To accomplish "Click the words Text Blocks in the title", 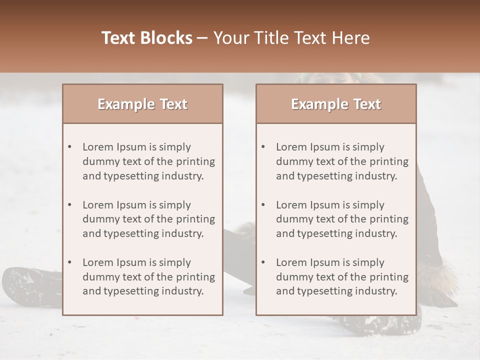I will [146, 38].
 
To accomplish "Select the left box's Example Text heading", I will [142, 104].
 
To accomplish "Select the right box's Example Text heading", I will [336, 104].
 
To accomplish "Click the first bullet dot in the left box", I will [70, 147].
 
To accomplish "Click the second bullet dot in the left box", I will [70, 205].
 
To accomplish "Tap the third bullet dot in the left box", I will [70, 262].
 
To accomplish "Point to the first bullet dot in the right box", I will [263, 147].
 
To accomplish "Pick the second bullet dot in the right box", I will [263, 205].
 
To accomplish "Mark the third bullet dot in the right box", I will [263, 262].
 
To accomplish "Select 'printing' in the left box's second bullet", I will [196, 219].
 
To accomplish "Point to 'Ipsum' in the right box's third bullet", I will [326, 262].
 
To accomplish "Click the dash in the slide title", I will [203, 38].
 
